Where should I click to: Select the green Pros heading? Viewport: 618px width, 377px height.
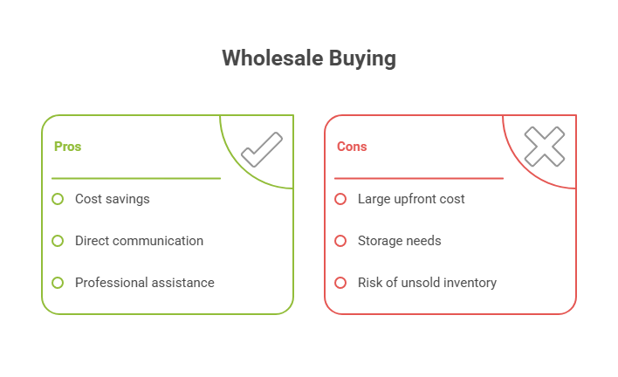point(67,147)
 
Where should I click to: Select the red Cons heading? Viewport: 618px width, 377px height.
point(352,147)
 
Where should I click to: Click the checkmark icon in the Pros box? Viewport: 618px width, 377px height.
point(261,148)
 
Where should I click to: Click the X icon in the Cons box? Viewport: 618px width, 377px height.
point(544,147)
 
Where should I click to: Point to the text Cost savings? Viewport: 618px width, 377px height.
point(112,199)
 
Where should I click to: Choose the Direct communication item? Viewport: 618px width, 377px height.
point(139,241)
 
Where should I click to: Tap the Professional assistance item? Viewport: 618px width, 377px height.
point(144,283)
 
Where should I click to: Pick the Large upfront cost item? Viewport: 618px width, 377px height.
point(410,199)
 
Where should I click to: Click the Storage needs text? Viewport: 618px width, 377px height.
point(399,241)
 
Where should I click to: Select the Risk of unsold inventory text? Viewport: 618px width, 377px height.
point(427,283)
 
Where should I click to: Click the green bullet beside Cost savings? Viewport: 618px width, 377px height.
point(58,199)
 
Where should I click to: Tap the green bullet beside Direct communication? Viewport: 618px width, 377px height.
point(58,241)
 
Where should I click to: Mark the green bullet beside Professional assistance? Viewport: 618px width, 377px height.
point(58,283)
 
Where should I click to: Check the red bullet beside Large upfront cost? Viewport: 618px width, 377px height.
point(340,199)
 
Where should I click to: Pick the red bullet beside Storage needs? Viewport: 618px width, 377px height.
point(340,241)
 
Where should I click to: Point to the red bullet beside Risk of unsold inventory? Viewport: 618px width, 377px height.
point(340,283)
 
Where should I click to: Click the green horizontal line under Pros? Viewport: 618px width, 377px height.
point(135,178)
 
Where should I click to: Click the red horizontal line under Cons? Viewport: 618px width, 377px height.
point(418,178)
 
